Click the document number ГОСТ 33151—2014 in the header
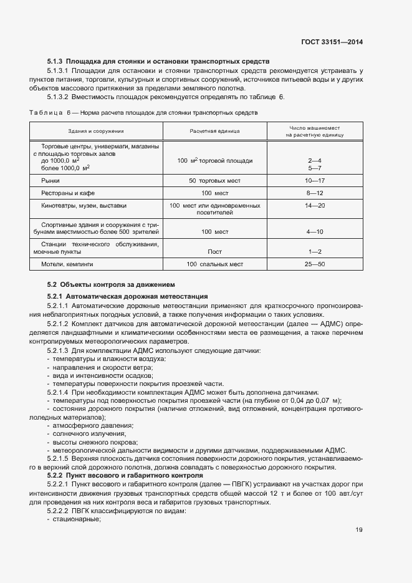[x=333, y=42]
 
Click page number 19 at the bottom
[x=359, y=530]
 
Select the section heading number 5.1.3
[x=55, y=62]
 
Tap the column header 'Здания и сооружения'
[x=96, y=131]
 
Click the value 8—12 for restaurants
[x=314, y=193]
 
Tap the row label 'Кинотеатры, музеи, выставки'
[x=84, y=205]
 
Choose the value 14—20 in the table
[x=314, y=205]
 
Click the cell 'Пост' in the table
[x=214, y=251]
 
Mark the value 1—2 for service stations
[x=314, y=251]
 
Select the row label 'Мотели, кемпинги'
[x=67, y=264]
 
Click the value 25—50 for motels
[x=314, y=264]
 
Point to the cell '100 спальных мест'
[x=214, y=264]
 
